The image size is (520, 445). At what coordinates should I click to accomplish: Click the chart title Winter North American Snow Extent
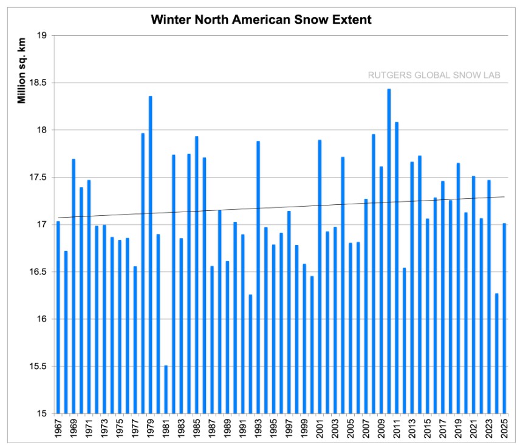pyautogui.click(x=261, y=19)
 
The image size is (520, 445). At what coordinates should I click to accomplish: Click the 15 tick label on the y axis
pyautogui.click(x=43, y=414)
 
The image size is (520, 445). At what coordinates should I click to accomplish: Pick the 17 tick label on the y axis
pyautogui.click(x=43, y=225)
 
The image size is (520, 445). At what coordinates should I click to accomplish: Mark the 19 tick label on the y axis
pyautogui.click(x=43, y=36)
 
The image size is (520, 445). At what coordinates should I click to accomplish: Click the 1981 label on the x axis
pyautogui.click(x=166, y=429)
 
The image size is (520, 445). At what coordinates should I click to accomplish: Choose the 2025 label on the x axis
pyautogui.click(x=504, y=429)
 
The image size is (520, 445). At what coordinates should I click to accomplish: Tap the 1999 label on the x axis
pyautogui.click(x=304, y=429)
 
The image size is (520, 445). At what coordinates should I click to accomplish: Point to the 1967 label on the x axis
pyautogui.click(x=58, y=429)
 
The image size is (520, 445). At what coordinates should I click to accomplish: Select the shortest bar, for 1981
pyautogui.click(x=166, y=389)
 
